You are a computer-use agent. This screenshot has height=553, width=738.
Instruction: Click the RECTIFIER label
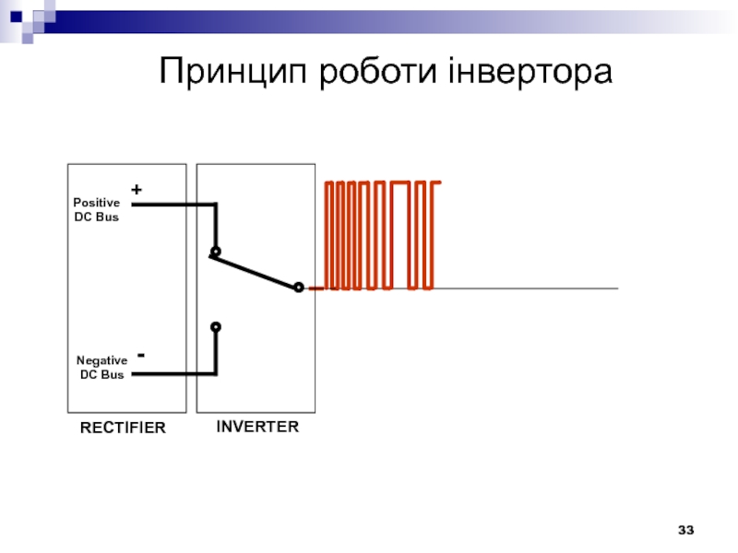(123, 428)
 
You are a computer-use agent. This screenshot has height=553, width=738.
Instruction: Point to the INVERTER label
(257, 427)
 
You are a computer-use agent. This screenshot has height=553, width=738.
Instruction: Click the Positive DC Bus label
(96, 209)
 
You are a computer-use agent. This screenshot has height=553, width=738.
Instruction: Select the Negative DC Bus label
(101, 368)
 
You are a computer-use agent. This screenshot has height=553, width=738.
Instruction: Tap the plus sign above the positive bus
(137, 189)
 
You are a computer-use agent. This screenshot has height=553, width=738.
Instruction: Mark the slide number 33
(685, 530)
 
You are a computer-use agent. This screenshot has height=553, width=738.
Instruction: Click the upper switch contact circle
(215, 252)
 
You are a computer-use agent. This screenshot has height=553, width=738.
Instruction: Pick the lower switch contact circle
(215, 326)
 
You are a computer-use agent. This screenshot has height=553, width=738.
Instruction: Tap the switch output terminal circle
(298, 288)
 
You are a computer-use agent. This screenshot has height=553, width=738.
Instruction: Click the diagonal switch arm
(256, 271)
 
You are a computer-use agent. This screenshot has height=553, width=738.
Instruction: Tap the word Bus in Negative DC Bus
(113, 374)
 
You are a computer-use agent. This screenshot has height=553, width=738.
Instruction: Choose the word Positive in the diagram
(96, 203)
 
